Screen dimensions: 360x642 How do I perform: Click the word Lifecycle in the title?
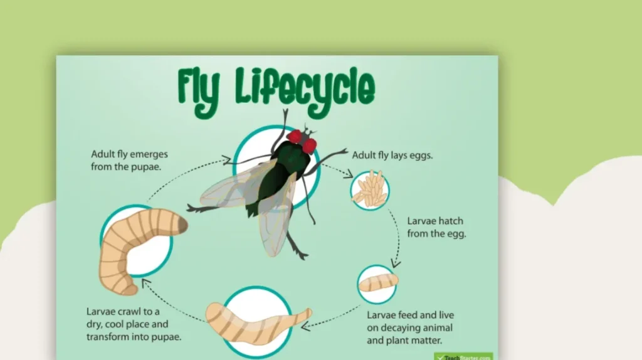coord(305,90)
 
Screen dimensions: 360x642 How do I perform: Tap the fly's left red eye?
coord(295,135)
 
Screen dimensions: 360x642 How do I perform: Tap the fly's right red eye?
coord(310,146)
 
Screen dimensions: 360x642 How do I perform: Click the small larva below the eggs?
coord(378,282)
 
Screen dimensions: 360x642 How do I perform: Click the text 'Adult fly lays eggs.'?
coord(392,154)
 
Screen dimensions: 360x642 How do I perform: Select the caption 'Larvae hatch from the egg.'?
coord(436,228)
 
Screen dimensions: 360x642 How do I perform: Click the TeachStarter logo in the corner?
coord(463,356)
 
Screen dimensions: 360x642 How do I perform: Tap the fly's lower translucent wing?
coord(276,226)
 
